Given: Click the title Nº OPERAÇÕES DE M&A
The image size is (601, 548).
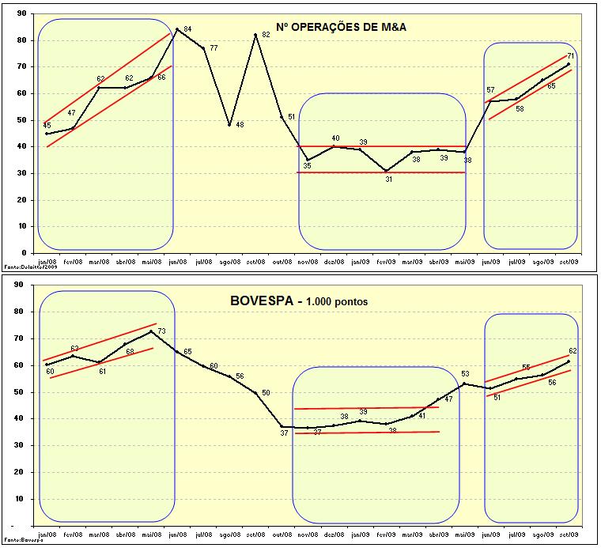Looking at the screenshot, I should [x=341, y=27].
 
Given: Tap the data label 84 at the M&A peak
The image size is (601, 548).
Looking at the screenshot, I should [x=187, y=29].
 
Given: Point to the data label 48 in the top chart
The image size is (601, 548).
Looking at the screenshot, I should [x=239, y=125].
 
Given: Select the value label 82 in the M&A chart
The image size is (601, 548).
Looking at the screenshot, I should [x=266, y=36].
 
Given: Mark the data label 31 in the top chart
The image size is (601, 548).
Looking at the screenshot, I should [x=388, y=179].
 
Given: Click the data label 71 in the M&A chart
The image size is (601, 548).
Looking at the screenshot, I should [x=571, y=56].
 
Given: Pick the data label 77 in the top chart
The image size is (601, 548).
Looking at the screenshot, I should [x=213, y=48].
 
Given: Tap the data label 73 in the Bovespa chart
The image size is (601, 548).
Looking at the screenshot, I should [x=161, y=331].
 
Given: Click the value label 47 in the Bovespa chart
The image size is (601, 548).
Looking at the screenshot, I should [x=448, y=399].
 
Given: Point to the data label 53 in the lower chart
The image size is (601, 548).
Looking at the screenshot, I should [x=465, y=374].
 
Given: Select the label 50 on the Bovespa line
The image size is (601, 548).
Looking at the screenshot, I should [x=266, y=393].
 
